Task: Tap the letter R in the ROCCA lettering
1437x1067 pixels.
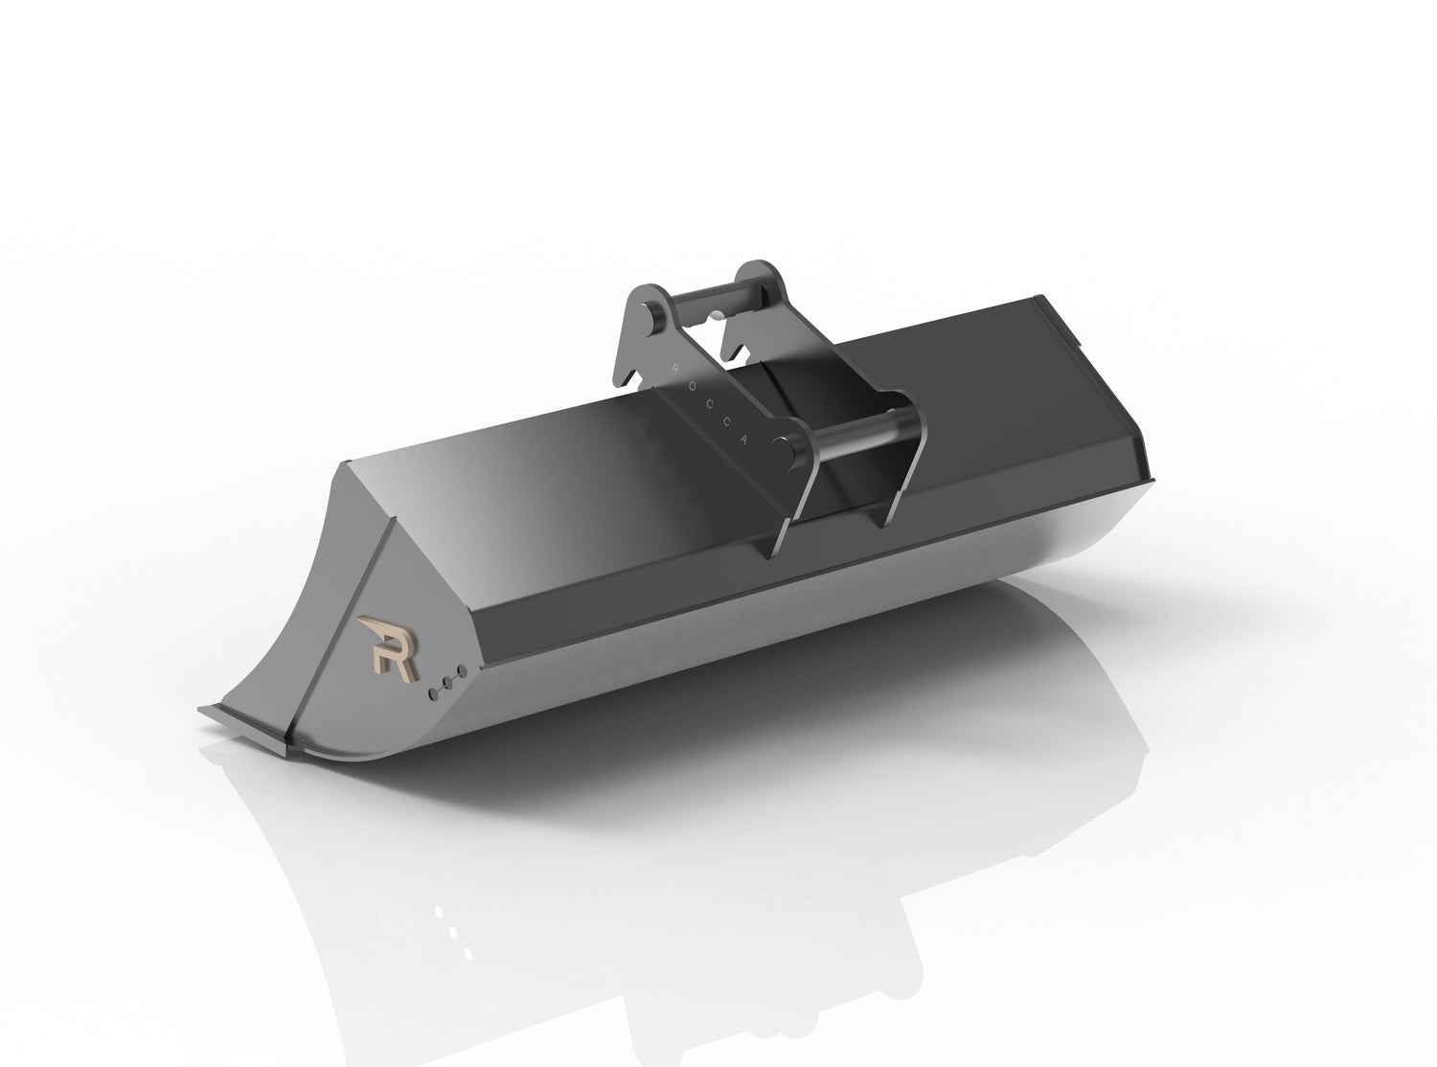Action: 675,365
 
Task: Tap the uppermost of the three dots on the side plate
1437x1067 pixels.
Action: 461,670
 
